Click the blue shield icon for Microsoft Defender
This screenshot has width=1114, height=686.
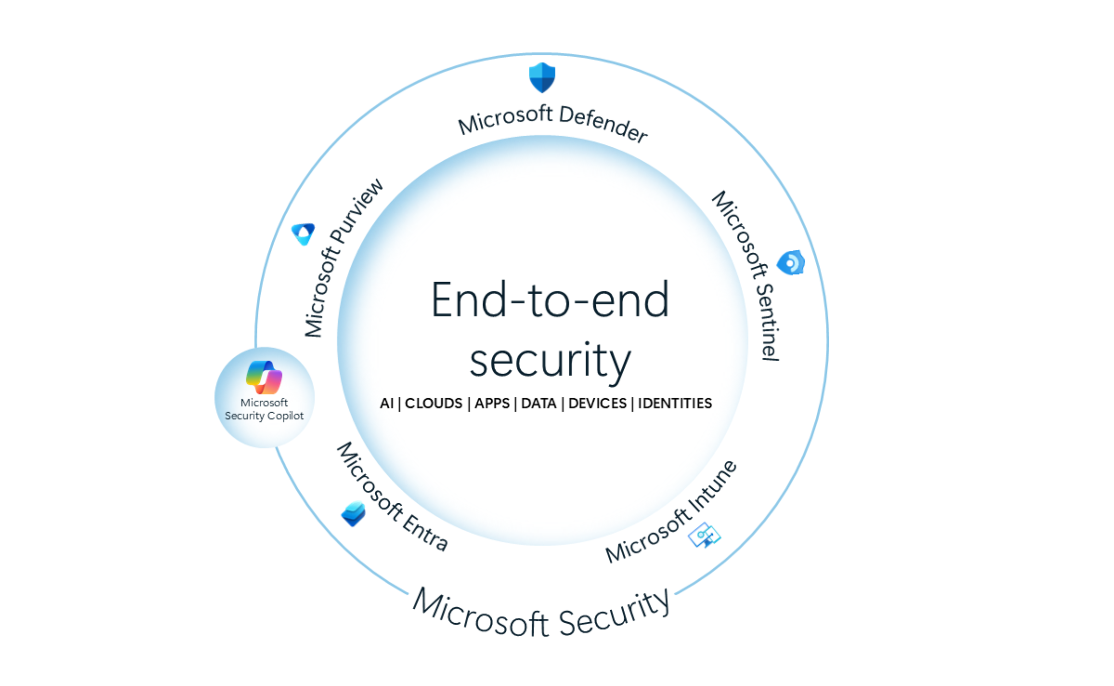coord(542,77)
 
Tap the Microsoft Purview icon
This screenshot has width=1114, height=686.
coord(303,234)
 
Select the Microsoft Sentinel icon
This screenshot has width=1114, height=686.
coord(790,262)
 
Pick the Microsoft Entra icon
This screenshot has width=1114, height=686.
coord(354,513)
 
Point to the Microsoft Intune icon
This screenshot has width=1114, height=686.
coord(704,535)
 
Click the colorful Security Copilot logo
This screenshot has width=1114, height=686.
coord(264,377)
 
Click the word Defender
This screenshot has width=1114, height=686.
coord(603,123)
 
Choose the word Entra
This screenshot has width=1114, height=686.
coord(426,532)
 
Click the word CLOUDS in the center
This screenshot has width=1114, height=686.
coord(433,403)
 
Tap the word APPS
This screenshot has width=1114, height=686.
coord(492,403)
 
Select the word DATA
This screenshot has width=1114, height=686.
coord(538,403)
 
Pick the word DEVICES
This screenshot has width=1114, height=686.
coord(597,403)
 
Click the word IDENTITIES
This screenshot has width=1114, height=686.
coord(674,403)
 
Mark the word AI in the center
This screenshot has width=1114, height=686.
coord(386,403)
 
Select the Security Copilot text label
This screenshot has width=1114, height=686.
coord(264,415)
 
